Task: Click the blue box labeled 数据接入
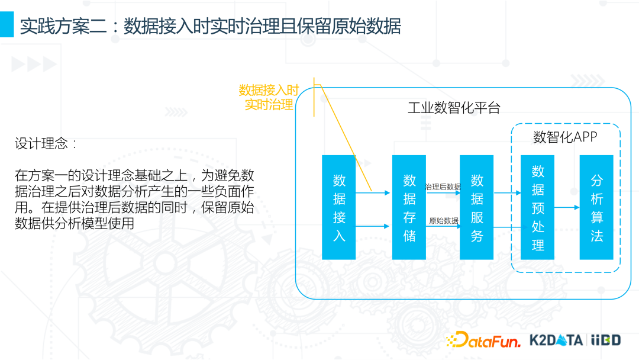[338, 207]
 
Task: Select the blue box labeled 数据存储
[409, 207]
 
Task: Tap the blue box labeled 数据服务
[476, 207]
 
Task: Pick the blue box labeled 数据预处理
[537, 207]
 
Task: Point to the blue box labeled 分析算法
[596, 207]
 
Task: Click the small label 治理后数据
[443, 187]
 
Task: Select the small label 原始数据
[443, 221]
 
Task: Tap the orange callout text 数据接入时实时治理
[269, 98]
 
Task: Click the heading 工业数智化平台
[454, 108]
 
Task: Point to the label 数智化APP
[565, 137]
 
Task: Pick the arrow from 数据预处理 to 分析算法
[567, 207]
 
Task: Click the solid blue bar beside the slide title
[7, 25]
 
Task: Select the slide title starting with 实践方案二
[210, 26]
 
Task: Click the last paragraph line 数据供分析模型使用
[75, 224]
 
